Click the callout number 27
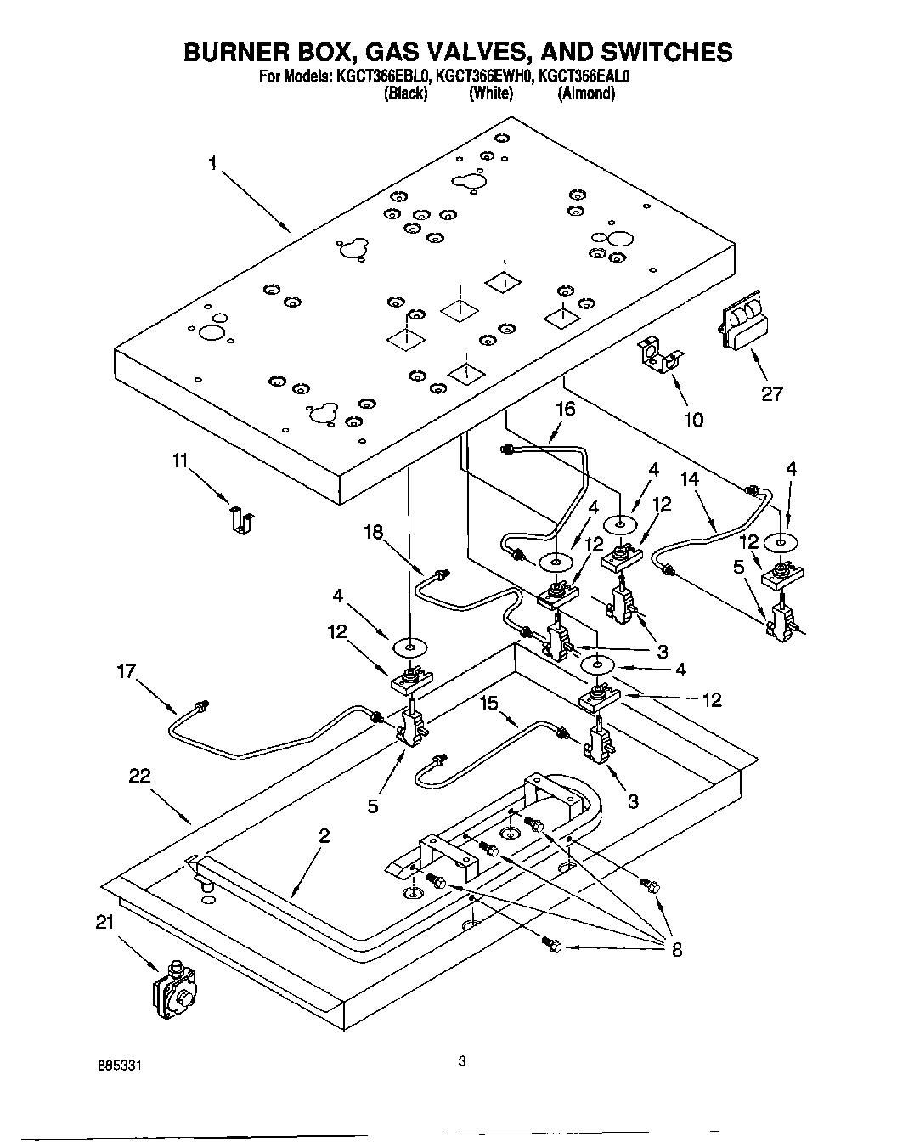tap(772, 393)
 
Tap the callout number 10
tap(694, 419)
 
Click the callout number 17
tap(127, 670)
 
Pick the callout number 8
tap(677, 949)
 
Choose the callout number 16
tap(565, 410)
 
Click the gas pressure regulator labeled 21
tap(174, 991)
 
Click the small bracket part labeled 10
tap(660, 355)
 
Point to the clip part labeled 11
tap(241, 520)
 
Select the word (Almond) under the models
tap(585, 93)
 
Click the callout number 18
tap(374, 533)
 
